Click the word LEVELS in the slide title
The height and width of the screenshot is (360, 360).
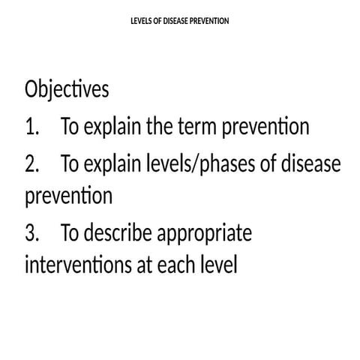tap(142, 20)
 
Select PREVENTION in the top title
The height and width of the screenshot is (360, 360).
tap(211, 20)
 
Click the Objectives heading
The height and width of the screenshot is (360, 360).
tap(67, 90)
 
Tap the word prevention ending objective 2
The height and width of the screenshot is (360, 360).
tap(68, 196)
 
